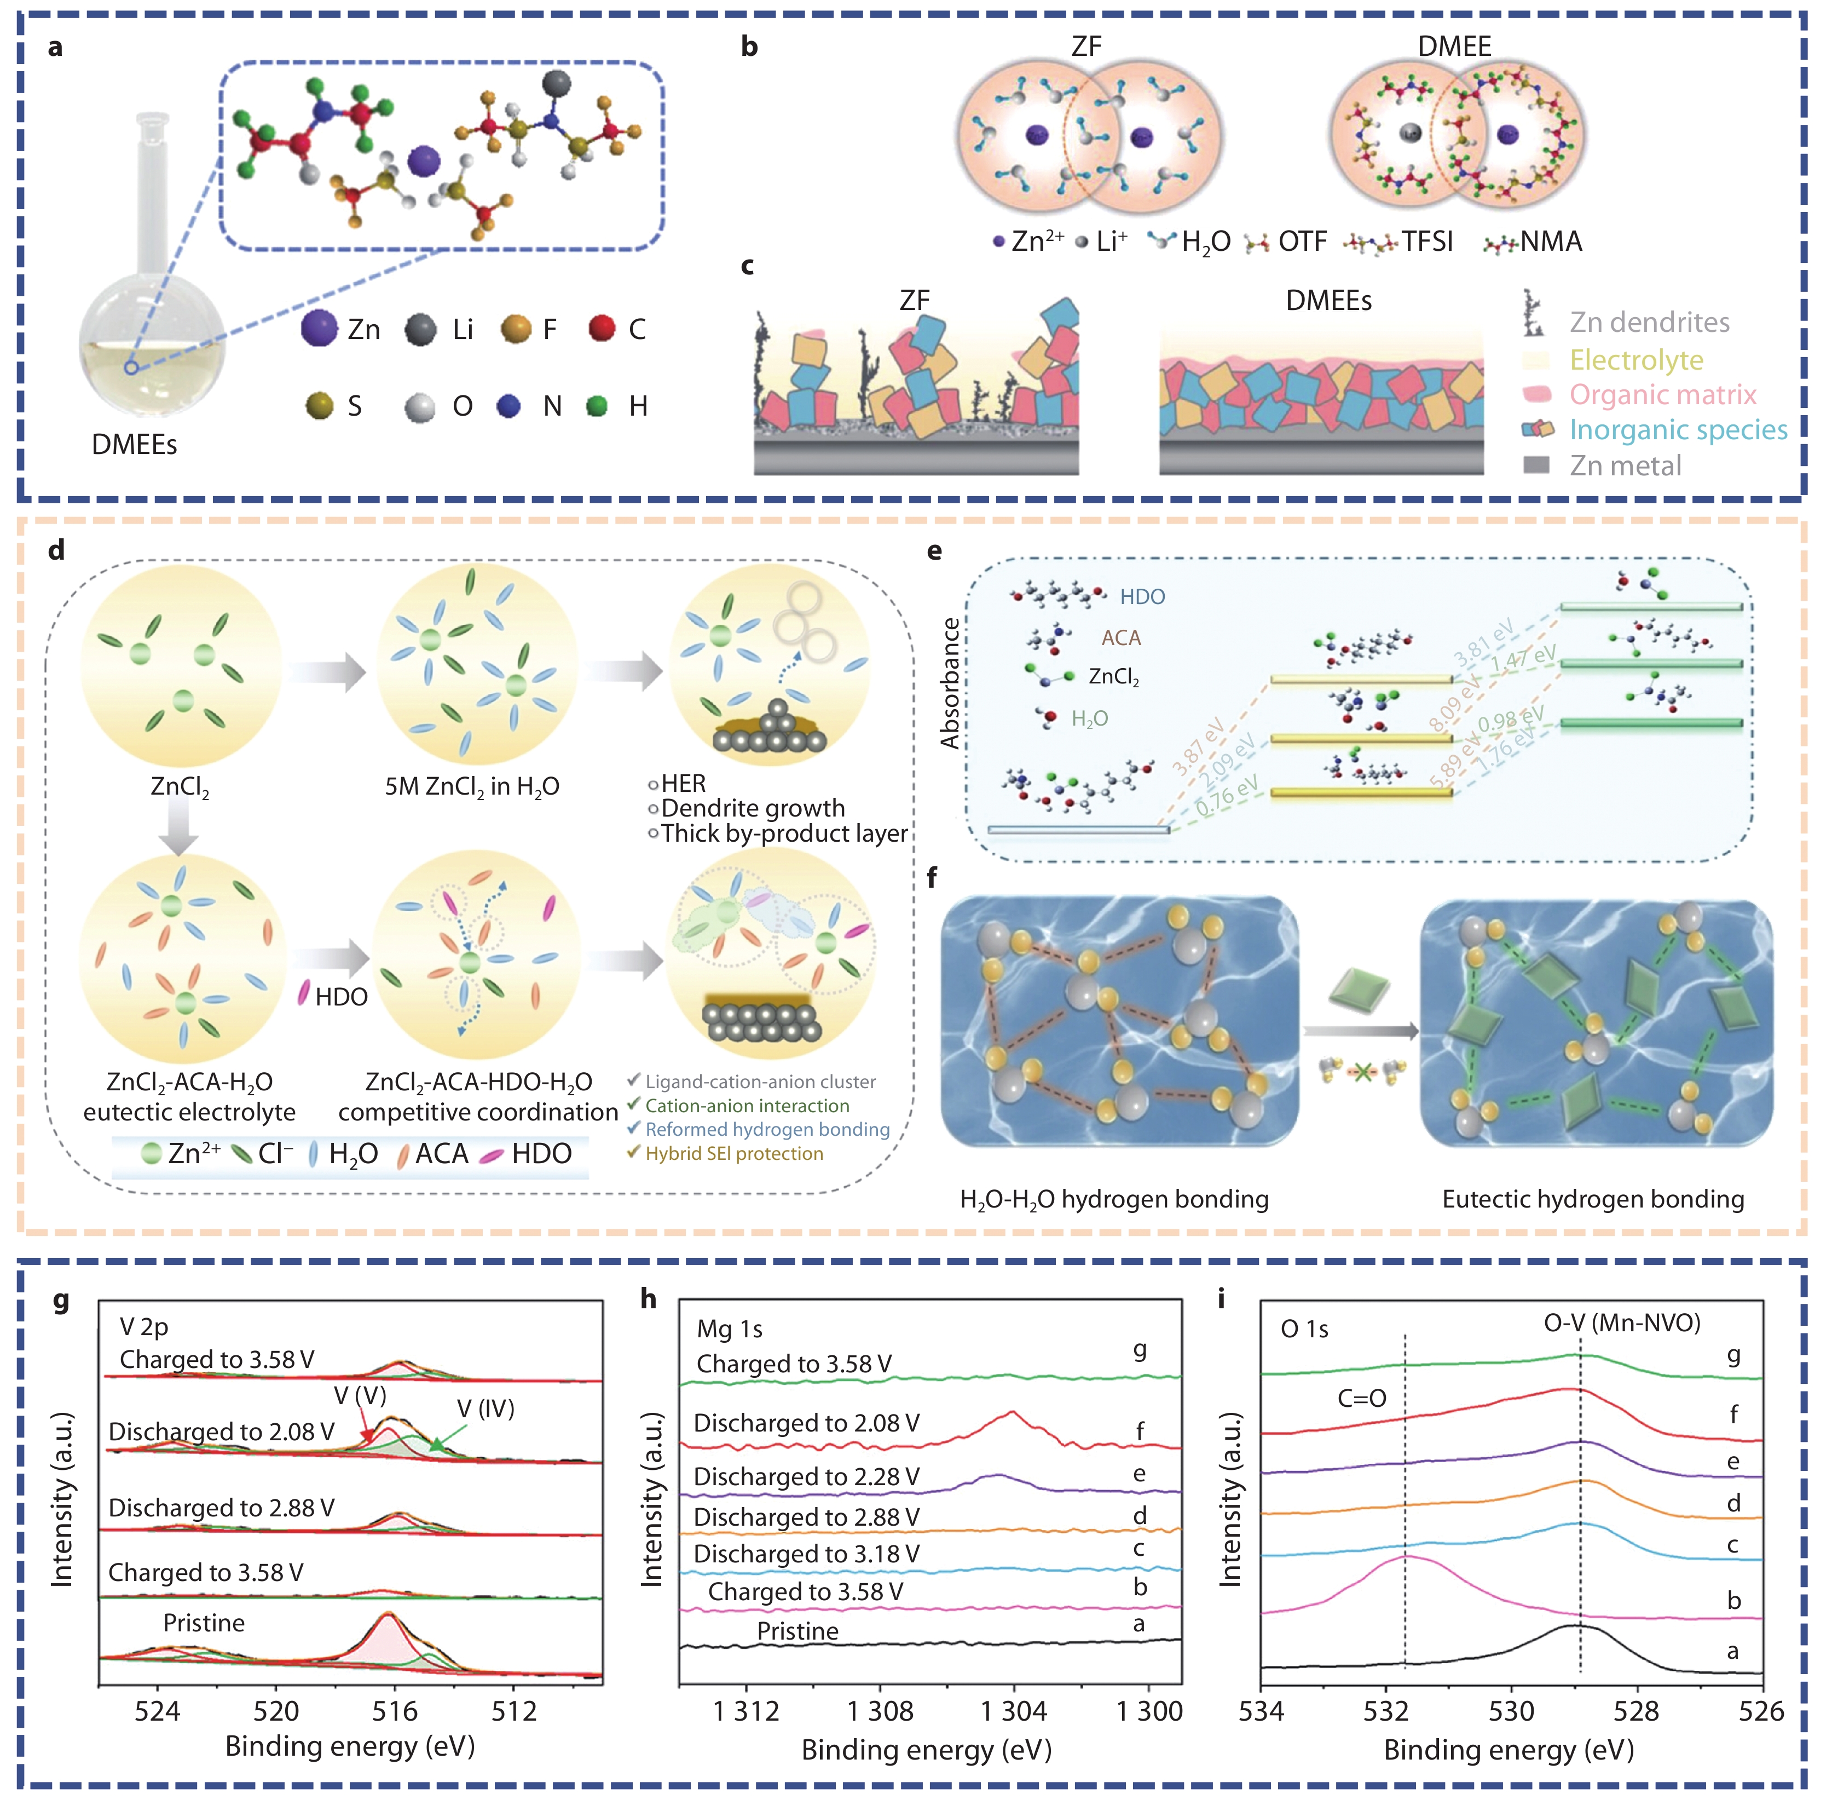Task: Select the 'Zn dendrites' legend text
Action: point(1649,323)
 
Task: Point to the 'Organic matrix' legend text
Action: point(1662,395)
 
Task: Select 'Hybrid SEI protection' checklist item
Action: point(734,1154)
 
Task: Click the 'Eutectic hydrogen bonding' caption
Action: point(1592,1199)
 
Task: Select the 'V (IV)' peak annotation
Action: point(486,1408)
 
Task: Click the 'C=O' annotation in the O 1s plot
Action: point(1362,1398)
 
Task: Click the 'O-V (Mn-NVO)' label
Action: point(1621,1323)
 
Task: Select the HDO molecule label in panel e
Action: point(1142,597)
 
